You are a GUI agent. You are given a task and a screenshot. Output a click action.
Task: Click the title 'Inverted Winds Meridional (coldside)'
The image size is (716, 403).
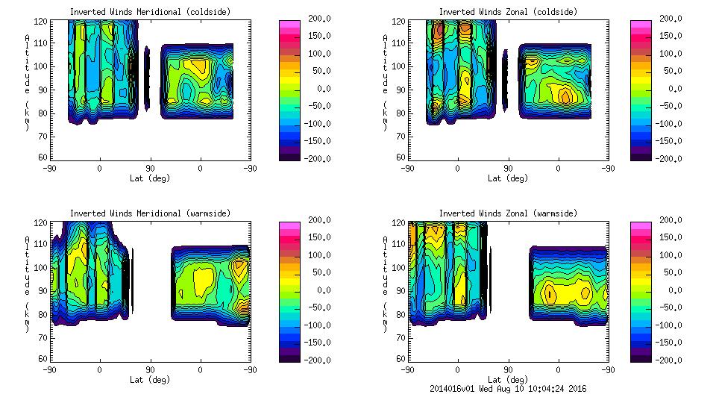tap(150, 12)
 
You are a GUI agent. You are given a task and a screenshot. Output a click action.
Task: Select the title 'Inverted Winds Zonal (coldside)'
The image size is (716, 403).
tap(508, 12)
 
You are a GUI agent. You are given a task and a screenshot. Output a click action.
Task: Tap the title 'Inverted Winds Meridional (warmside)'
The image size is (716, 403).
tap(150, 213)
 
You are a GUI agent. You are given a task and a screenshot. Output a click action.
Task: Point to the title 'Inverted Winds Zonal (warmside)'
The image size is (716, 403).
tap(508, 213)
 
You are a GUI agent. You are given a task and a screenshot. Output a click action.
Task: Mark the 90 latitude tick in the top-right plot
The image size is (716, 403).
tap(508, 168)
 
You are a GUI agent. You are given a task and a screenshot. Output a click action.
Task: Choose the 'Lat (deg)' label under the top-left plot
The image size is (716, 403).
tap(150, 178)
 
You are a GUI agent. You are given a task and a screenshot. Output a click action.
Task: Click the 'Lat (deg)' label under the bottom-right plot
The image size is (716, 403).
tap(508, 380)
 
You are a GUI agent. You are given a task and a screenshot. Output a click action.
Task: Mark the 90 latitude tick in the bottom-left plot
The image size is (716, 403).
tap(150, 369)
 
